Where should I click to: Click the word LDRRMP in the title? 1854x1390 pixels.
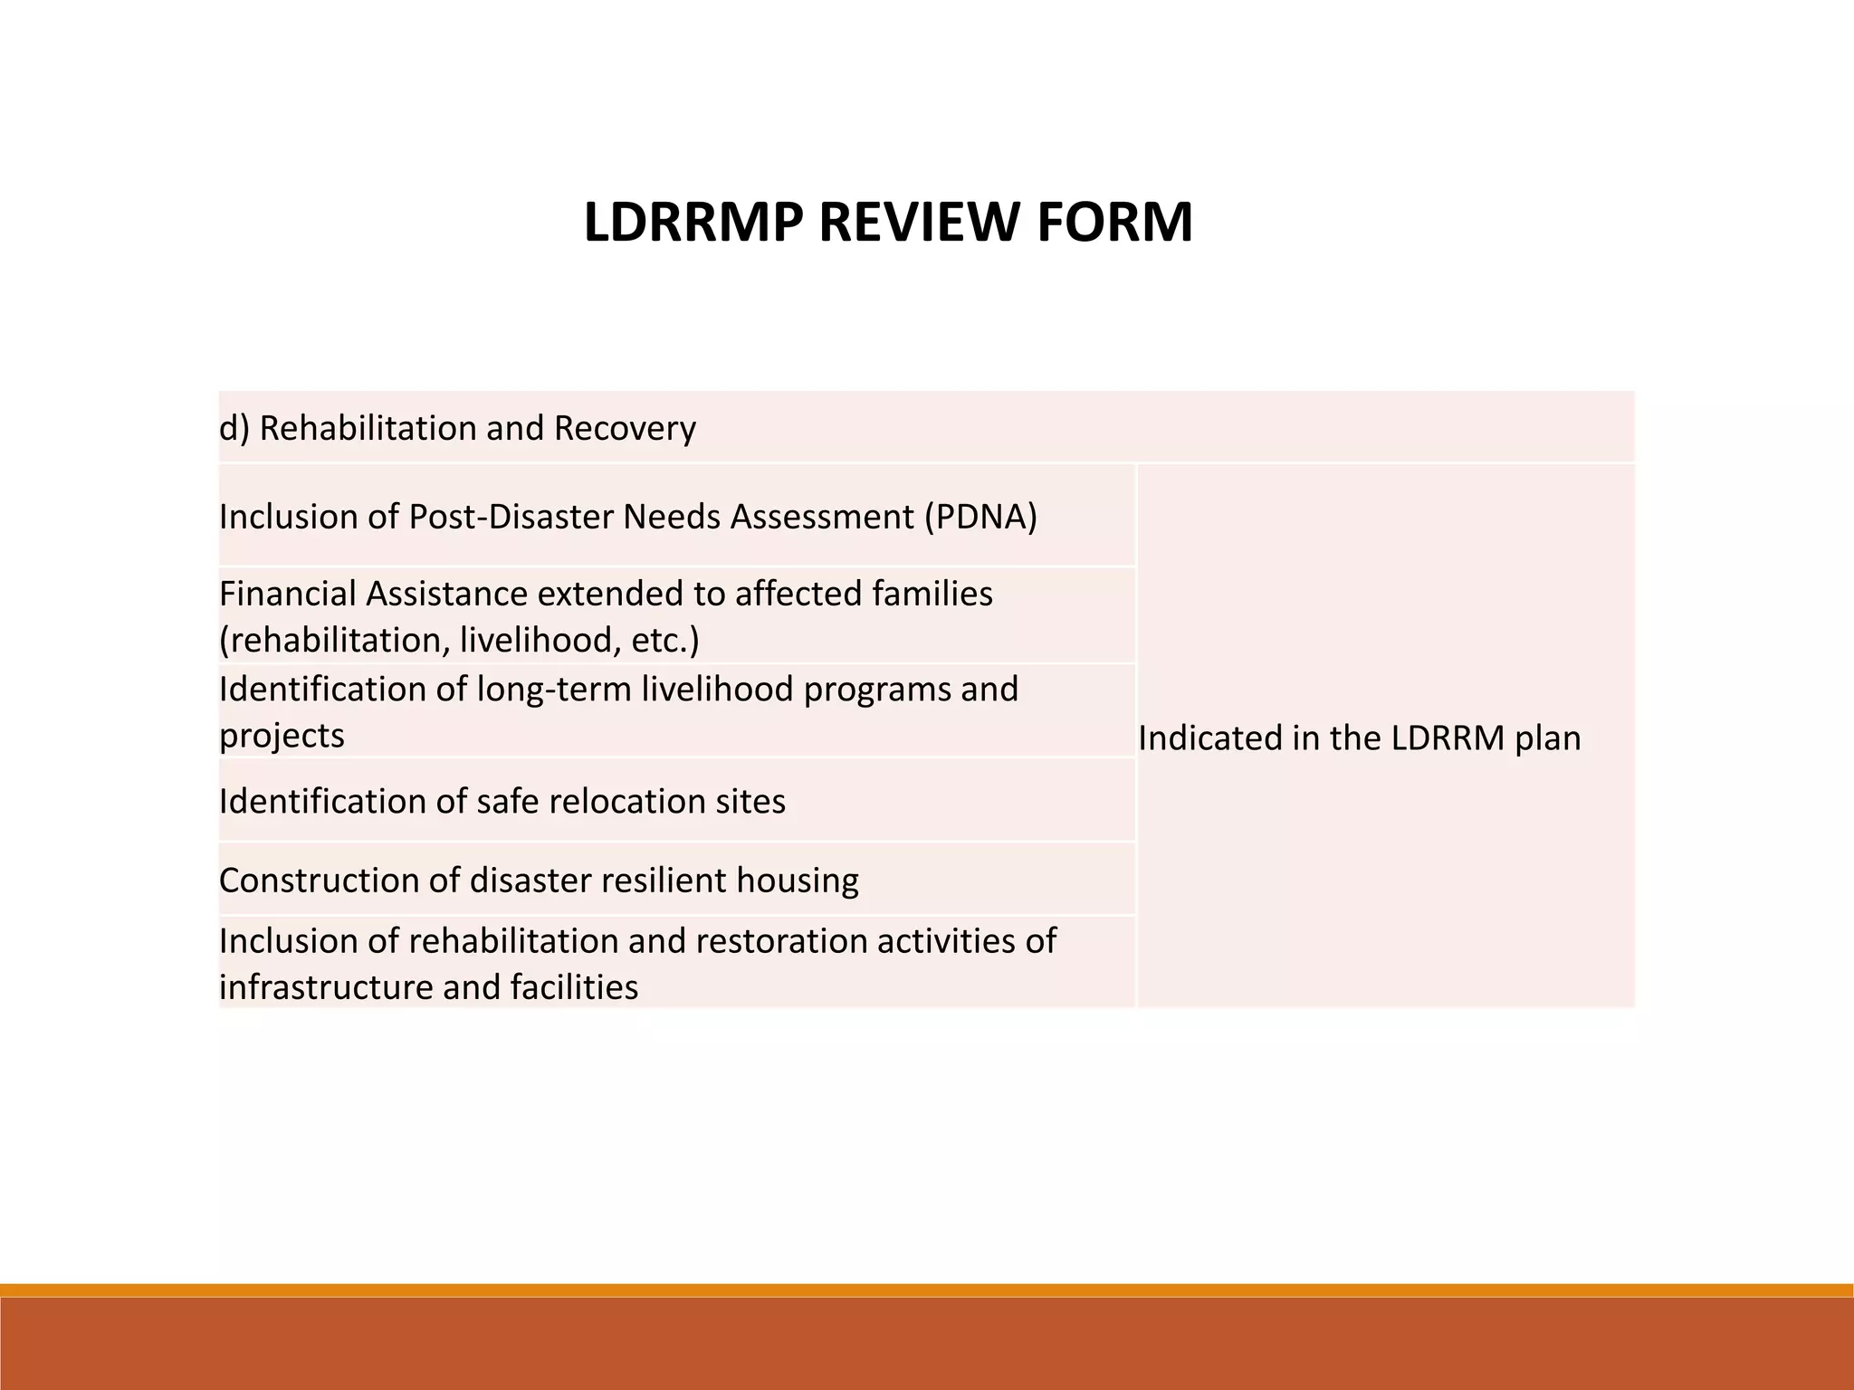pyautogui.click(x=693, y=223)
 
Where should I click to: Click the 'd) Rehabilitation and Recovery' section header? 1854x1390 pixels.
pyautogui.click(x=457, y=428)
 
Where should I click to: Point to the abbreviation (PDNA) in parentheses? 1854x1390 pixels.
pyautogui.click(x=980, y=517)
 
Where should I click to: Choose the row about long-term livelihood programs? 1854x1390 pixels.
pyautogui.click(x=618, y=711)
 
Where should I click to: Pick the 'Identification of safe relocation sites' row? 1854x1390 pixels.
pyautogui.click(x=502, y=802)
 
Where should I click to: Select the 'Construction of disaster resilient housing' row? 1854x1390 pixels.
pyautogui.click(x=539, y=881)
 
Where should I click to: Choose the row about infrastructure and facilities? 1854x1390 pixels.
pyautogui.click(x=637, y=963)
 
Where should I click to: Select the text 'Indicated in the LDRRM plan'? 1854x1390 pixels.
pyautogui.click(x=1359, y=738)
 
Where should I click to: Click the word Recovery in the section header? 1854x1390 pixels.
pyautogui.click(x=625, y=428)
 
